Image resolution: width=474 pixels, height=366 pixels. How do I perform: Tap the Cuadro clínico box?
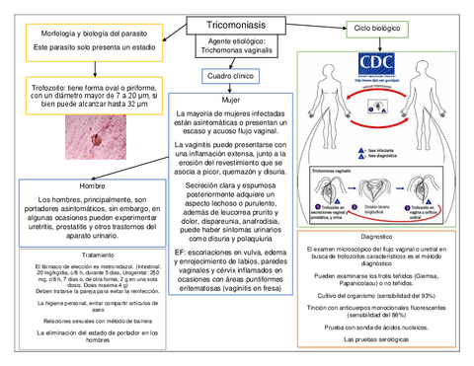pyautogui.click(x=231, y=76)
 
